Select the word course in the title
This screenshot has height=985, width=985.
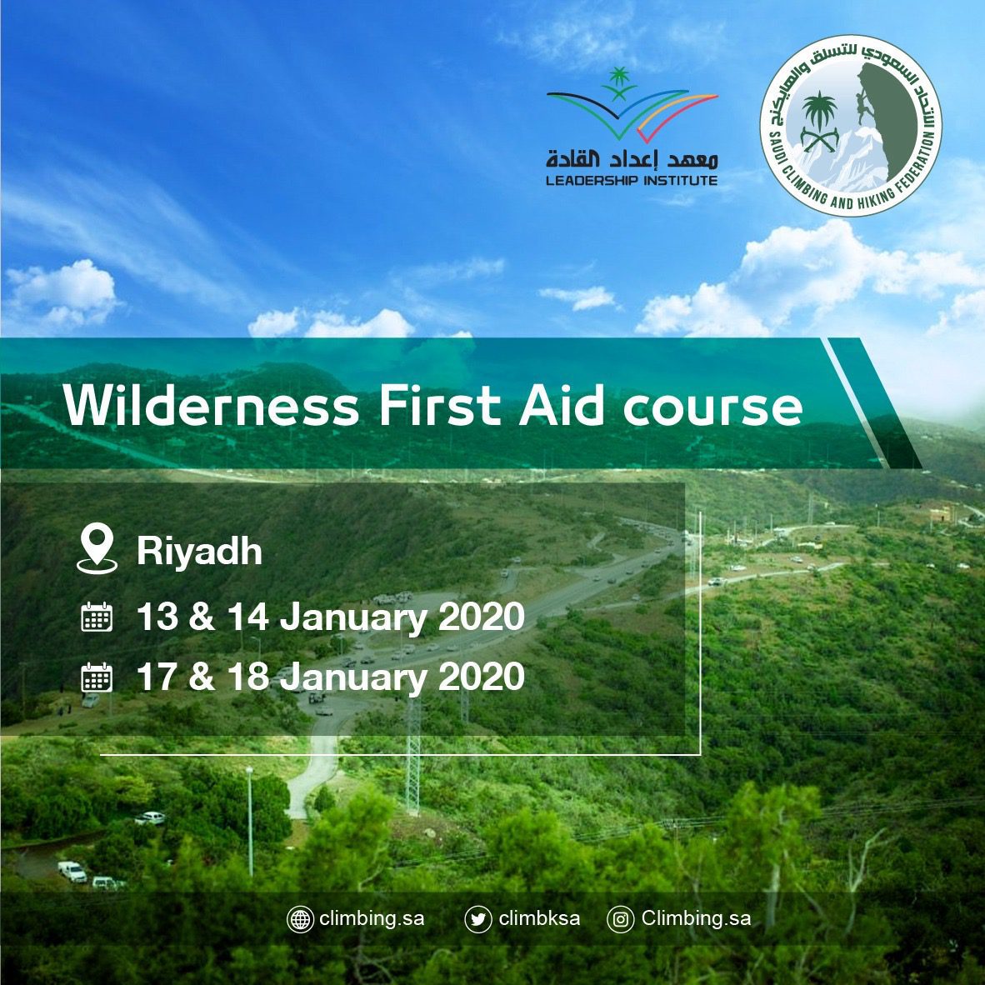click(713, 409)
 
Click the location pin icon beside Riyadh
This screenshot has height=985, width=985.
click(97, 549)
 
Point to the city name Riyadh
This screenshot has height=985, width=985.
click(199, 552)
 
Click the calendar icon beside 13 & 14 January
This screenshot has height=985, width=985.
click(97, 617)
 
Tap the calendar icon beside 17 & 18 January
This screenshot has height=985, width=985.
click(97, 677)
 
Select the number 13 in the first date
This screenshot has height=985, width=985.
click(157, 617)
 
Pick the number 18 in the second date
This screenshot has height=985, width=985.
click(248, 677)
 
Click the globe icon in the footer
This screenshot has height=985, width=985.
click(300, 920)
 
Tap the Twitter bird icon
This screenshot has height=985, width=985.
click(478, 920)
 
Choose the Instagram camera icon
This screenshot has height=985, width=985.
click(621, 920)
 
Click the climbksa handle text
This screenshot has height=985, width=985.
click(539, 918)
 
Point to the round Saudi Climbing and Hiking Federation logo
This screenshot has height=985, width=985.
click(851, 126)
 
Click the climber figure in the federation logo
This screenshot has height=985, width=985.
click(862, 101)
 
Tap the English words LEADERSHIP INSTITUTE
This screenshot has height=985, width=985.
click(632, 181)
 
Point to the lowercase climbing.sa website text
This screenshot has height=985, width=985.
click(372, 918)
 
